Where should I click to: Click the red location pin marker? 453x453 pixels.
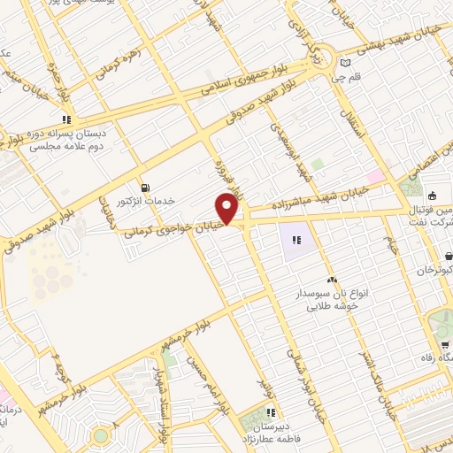(228, 208)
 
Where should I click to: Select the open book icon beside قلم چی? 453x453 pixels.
(344, 63)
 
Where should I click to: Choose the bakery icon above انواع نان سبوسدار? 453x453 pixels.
(331, 280)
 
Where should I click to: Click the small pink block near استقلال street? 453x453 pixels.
(377, 176)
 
